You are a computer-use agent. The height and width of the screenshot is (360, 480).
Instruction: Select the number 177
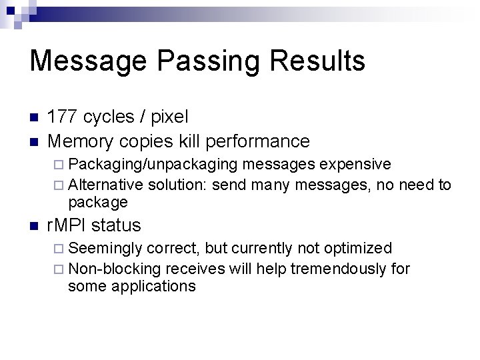[64, 117]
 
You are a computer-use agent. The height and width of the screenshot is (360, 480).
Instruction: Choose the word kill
[190, 141]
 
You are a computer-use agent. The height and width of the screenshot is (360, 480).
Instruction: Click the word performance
[258, 141]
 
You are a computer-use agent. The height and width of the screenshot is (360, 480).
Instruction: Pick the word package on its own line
[97, 202]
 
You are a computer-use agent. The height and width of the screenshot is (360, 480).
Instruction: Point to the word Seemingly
[105, 249]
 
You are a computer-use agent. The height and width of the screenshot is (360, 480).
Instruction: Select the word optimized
[359, 249]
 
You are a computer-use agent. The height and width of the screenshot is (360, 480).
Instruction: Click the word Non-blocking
[114, 269]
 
